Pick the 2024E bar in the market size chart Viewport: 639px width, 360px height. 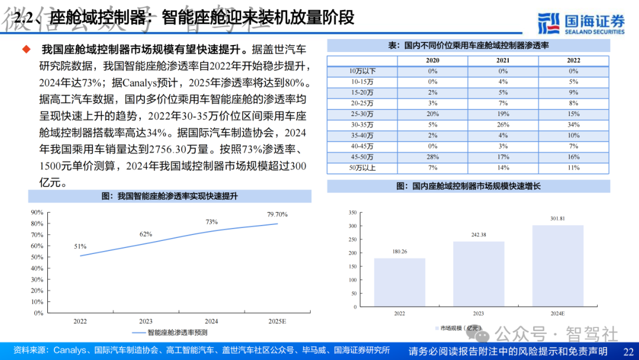(x=557, y=266)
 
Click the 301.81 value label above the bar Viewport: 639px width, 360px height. (x=557, y=218)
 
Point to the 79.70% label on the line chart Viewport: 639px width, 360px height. (x=277, y=214)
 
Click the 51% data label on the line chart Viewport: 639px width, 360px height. (x=80, y=246)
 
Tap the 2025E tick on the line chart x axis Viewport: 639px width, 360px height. (x=277, y=321)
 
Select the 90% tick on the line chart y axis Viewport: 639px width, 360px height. (x=37, y=212)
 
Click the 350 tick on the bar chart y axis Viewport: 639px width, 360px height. (x=352, y=212)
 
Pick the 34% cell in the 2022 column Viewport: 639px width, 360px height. (x=573, y=125)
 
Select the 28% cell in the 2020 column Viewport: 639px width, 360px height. (x=433, y=157)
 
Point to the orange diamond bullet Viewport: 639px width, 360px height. (x=26, y=49)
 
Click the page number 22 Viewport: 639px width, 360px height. (x=628, y=351)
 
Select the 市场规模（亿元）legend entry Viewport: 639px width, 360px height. (x=459, y=327)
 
